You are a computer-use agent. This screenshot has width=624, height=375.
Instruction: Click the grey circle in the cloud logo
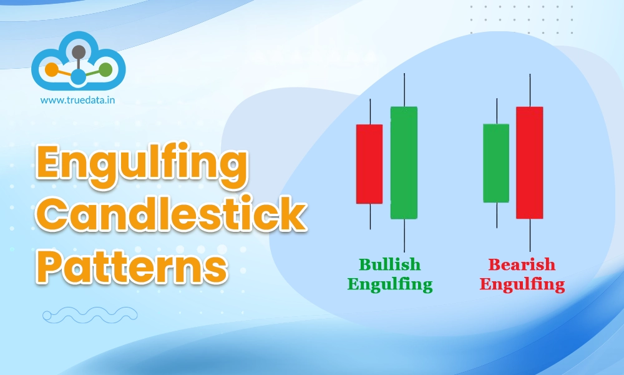coord(79,52)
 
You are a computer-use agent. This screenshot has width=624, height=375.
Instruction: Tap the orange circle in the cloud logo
coord(51,69)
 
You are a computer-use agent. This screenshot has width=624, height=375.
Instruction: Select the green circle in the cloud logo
coord(105,69)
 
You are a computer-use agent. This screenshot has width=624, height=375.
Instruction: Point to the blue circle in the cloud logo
coord(78,77)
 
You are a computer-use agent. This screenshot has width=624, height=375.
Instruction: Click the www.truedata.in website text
coord(78,99)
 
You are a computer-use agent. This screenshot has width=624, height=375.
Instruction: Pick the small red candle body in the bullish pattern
coord(369,164)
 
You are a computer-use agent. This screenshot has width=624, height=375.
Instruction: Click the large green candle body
coord(404,162)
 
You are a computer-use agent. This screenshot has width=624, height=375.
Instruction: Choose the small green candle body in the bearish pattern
coord(496,163)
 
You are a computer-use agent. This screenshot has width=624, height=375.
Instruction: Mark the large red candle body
coord(529,162)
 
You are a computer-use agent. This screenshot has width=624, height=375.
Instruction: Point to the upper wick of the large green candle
coord(404,90)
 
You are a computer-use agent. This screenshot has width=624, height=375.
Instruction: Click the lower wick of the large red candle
coord(530,234)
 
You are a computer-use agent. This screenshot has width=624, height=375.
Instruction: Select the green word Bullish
coord(389,265)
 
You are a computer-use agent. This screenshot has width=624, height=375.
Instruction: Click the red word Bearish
coord(521,265)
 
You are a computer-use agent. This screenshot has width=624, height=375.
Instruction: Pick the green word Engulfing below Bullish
coord(389,285)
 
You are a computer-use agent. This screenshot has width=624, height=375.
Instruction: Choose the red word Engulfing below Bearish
coord(521,285)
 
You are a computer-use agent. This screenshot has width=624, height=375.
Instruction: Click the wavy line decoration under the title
coord(90,315)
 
